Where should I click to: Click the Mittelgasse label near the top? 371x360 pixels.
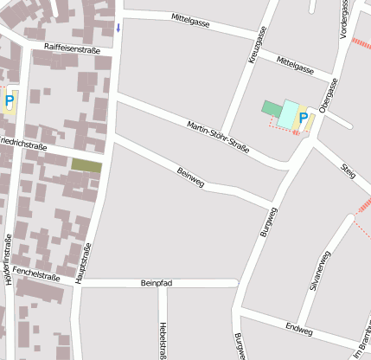[191, 18]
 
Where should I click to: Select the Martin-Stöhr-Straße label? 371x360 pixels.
[218, 137]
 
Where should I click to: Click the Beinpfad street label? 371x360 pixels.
[157, 283]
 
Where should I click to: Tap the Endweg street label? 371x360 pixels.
[298, 330]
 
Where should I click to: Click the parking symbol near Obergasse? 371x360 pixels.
[303, 117]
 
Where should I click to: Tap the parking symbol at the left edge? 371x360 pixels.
[10, 102]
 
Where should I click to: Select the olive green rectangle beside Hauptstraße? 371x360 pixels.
[86, 164]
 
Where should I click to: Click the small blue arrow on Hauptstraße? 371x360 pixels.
[118, 28]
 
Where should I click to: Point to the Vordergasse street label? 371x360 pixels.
[344, 19]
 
